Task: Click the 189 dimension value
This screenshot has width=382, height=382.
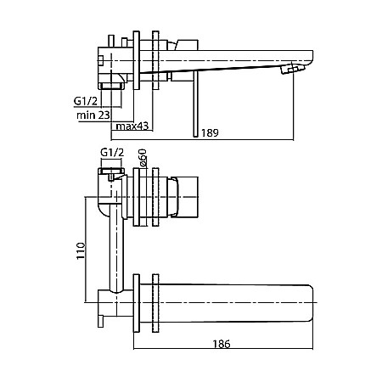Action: coord(210,132)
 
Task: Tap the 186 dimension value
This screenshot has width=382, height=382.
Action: coord(222,344)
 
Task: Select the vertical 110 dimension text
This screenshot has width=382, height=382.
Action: coord(81,250)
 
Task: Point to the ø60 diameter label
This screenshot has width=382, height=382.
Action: coord(143,157)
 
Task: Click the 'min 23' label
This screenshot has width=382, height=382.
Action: coord(93,115)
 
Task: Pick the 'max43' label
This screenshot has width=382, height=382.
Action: coord(132,126)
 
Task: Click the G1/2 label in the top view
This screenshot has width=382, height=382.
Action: coord(86,101)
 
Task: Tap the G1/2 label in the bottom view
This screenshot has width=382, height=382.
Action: coord(112,153)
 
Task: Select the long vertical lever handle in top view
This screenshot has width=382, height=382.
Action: coord(196,104)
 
